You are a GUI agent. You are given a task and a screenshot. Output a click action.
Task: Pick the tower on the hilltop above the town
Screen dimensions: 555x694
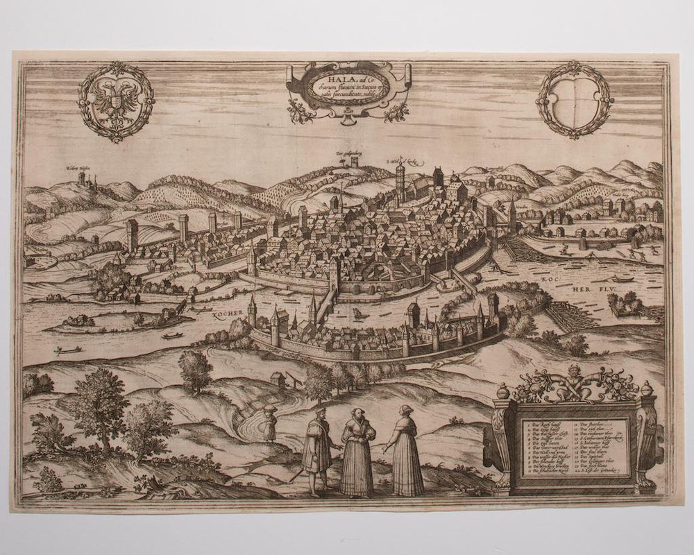[355, 160]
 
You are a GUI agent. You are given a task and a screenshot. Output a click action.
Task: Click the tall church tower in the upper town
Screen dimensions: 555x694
[400, 181]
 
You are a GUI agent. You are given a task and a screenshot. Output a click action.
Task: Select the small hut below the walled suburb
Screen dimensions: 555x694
[278, 379]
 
